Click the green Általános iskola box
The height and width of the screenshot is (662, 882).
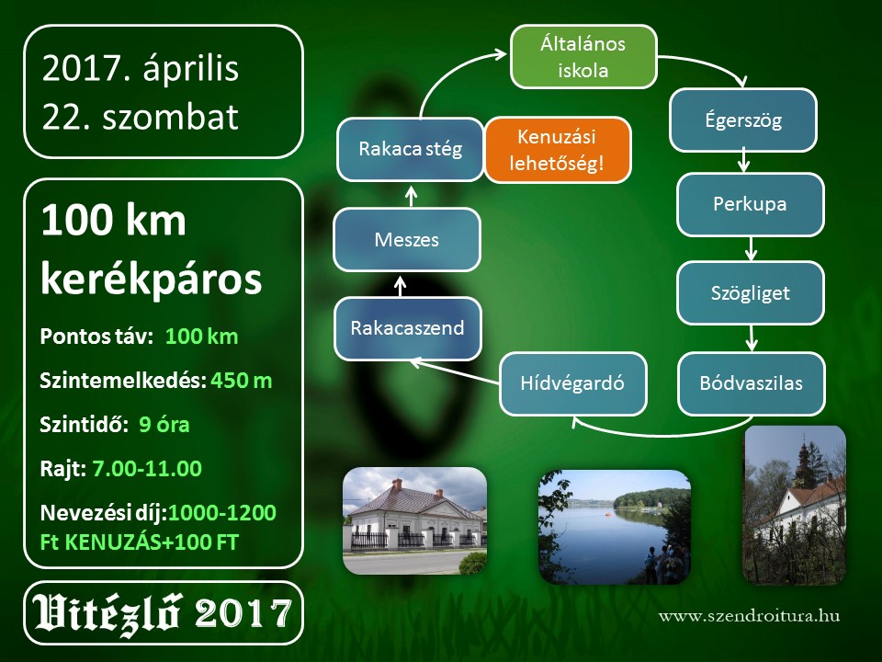click(583, 57)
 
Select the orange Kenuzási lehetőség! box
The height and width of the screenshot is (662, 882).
click(558, 150)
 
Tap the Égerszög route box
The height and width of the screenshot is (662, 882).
click(743, 120)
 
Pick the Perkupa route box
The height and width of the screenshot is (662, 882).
click(751, 204)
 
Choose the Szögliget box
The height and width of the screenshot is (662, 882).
click(751, 292)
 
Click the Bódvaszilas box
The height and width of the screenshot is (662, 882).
click(751, 383)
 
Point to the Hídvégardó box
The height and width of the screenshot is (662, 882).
click(572, 383)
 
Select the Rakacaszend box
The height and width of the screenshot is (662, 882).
click(407, 328)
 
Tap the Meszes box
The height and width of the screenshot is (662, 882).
click(407, 240)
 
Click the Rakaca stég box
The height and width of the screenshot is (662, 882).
click(410, 149)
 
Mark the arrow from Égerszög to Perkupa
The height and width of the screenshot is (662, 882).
click(743, 161)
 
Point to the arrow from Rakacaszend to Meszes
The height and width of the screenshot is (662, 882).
click(400, 285)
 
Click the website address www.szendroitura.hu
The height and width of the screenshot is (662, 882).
click(750, 615)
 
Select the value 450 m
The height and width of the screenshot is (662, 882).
click(242, 381)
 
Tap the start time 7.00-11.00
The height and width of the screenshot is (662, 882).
click(147, 468)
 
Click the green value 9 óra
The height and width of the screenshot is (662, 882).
click(164, 425)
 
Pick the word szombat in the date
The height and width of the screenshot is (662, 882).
click(171, 117)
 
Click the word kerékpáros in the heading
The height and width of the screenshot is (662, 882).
click(152, 280)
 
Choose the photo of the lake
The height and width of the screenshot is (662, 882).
click(615, 527)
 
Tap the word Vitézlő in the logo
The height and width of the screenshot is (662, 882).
click(107, 613)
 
